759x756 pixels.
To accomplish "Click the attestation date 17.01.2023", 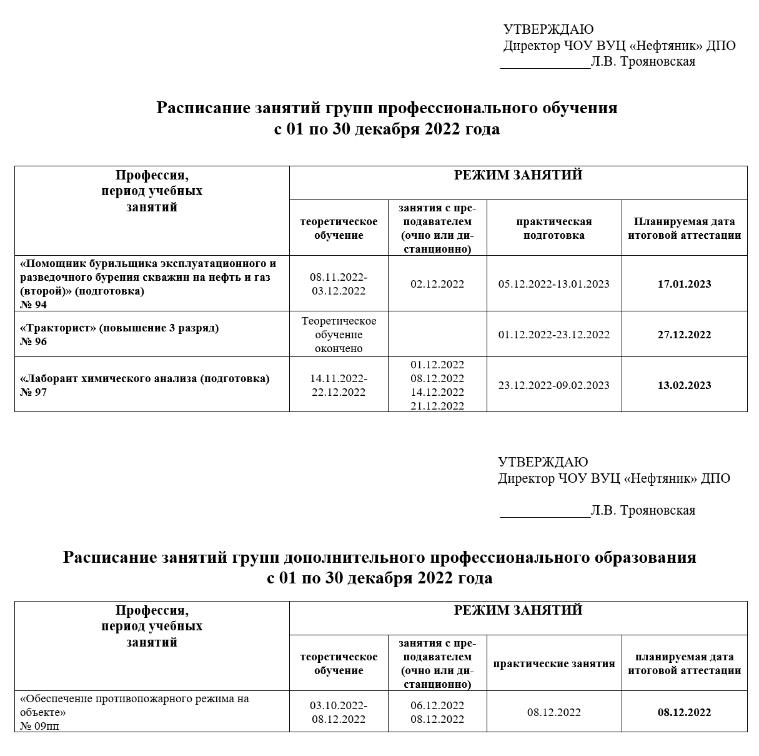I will [684, 284].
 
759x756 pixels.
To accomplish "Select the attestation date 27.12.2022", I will [684, 335].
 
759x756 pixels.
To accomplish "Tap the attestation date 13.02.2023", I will [684, 385].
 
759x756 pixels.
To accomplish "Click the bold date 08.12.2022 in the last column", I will [684, 712].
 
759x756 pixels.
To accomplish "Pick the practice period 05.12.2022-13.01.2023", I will [553, 284].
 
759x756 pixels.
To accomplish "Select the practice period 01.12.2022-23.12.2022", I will [553, 335].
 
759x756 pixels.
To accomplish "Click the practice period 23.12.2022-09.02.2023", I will [553, 385].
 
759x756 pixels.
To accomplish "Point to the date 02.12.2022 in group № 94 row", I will [437, 284].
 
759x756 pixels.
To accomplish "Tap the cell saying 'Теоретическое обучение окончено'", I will [339, 335].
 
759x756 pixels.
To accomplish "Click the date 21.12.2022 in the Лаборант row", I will [437, 406].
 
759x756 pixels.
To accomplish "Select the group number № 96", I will [34, 341].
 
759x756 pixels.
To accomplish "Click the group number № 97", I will [34, 392].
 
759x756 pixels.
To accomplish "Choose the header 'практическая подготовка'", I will [553, 228].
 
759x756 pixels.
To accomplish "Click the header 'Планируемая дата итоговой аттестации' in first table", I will [684, 228].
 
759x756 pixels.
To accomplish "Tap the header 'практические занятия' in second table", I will [553, 663].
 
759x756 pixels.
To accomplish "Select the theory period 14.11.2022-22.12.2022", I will [339, 385].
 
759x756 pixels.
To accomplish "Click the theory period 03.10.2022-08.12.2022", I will [339, 712].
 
